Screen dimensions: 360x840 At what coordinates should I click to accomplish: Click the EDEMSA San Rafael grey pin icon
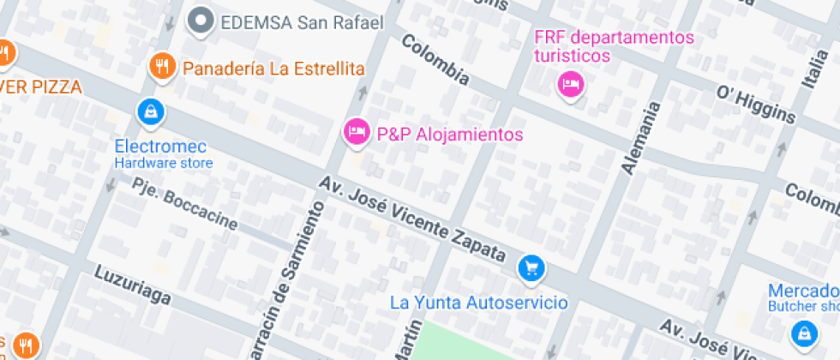point(201,21)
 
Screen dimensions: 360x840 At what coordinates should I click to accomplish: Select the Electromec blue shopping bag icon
point(150,110)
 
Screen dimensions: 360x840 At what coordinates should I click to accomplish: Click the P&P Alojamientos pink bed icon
point(356,131)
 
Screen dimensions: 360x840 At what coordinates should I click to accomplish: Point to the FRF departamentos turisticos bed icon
point(570,84)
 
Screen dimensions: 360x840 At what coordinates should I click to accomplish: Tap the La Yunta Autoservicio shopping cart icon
point(531,269)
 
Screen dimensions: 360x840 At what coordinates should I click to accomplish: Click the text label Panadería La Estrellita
point(274,69)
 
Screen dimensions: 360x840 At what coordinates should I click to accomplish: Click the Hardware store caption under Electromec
point(164,163)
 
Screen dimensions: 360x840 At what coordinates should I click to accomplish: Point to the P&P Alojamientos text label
point(450,135)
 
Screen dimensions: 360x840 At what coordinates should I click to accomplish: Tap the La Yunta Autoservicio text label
point(478,303)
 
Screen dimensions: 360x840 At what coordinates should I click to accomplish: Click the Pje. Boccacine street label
point(184,203)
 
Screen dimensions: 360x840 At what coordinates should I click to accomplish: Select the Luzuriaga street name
point(133,287)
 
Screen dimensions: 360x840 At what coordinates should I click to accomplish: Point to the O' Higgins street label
point(757,104)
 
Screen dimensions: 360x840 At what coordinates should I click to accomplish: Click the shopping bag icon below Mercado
point(804,331)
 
